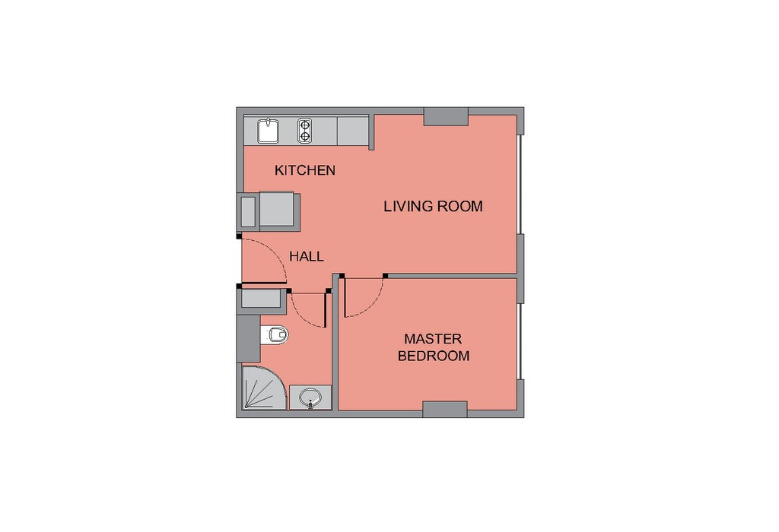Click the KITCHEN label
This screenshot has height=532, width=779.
point(305,170)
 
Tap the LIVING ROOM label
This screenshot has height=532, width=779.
point(433,206)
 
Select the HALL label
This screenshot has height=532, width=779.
point(307,257)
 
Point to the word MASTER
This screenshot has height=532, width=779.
point(433,339)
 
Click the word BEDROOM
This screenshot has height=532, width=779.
point(434,356)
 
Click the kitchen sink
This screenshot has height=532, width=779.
point(268,131)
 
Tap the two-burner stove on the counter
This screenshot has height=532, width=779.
point(304,131)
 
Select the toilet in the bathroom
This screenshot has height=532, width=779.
point(275,334)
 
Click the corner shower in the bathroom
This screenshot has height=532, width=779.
point(263,388)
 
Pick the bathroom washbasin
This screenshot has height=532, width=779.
point(310,397)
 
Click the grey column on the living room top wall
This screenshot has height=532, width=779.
point(446,116)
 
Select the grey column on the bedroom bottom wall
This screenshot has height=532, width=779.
point(444,409)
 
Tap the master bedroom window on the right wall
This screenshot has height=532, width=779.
point(519,341)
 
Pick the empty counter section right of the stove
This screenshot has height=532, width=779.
point(353,131)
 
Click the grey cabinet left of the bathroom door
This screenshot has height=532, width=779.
point(262,299)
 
